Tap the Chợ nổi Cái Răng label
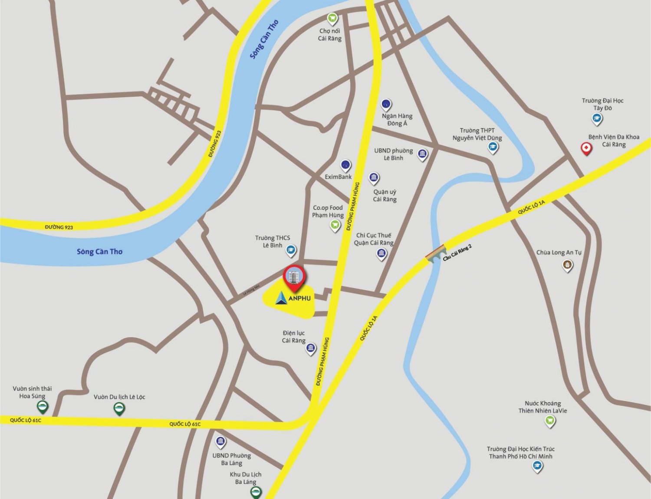coord(330,35)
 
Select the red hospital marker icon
coord(586,149)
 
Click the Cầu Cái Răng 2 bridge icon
coord(435,253)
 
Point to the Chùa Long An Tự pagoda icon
coord(567,265)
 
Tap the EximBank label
coord(338,177)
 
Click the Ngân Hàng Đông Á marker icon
coord(386,105)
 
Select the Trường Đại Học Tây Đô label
coord(602,104)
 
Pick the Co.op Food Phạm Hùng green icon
coord(335,225)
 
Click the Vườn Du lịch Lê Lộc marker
coord(119,408)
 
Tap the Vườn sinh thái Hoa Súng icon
coord(42,407)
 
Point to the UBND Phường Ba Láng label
coord(231,459)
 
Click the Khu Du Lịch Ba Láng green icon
coord(256,492)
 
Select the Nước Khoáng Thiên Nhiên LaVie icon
coord(550,420)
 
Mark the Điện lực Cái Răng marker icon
coord(311,348)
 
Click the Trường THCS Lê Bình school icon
coord(291,250)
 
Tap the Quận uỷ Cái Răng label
coord(385,196)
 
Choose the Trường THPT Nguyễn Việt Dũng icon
coord(493,148)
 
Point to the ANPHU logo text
coord(299,298)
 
